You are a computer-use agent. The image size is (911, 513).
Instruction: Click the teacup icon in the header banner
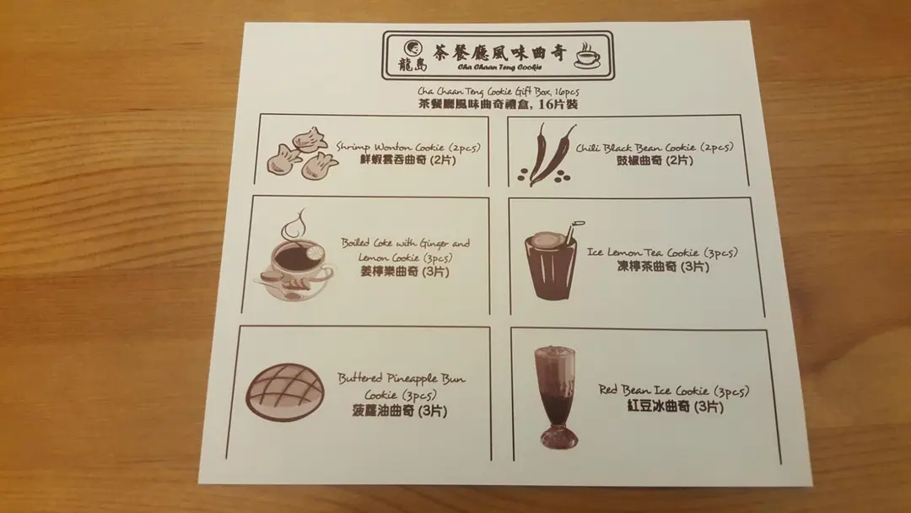(x=587, y=55)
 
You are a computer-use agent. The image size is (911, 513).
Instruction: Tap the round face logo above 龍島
(x=412, y=48)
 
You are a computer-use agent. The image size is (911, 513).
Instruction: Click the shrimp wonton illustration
(x=301, y=153)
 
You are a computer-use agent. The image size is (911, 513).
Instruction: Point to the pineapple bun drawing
(x=285, y=392)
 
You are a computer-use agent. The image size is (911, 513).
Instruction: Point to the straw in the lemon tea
(x=572, y=231)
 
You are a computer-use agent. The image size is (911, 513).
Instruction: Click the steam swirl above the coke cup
(x=294, y=227)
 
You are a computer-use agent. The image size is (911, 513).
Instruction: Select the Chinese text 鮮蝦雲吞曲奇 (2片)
(x=407, y=159)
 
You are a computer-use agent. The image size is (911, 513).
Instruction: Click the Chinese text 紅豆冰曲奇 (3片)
(x=675, y=406)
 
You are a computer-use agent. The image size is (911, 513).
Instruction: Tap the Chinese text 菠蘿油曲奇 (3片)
(x=399, y=411)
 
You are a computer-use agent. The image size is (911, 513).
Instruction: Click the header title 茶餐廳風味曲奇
(x=500, y=53)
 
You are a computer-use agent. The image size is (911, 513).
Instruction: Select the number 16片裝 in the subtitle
(x=558, y=105)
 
